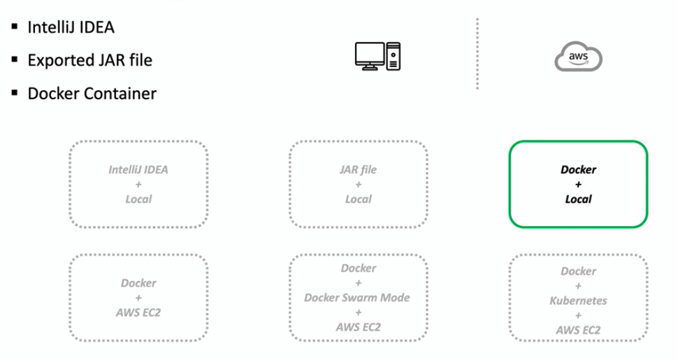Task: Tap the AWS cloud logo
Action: pyautogui.click(x=578, y=56)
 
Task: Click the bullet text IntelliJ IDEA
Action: pyautogui.click(x=71, y=28)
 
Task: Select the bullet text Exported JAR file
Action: pyautogui.click(x=89, y=61)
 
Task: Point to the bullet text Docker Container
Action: pyautogui.click(x=92, y=93)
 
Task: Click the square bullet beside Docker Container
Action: pyautogui.click(x=15, y=93)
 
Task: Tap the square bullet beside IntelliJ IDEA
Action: pyautogui.click(x=15, y=28)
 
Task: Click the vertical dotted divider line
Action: pyautogui.click(x=477, y=55)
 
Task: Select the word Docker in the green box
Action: pyautogui.click(x=578, y=169)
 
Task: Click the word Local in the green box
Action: pyautogui.click(x=578, y=199)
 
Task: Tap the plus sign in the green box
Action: pyautogui.click(x=578, y=185)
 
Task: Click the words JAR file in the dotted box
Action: pyautogui.click(x=358, y=169)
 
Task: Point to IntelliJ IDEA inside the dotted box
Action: pyautogui.click(x=138, y=169)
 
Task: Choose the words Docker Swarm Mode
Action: pyautogui.click(x=357, y=298)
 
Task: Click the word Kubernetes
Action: pyautogui.click(x=578, y=301)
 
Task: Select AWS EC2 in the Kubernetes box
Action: pyautogui.click(x=578, y=330)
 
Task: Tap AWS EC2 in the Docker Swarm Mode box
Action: pyautogui.click(x=357, y=327)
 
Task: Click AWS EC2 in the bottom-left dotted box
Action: pyautogui.click(x=138, y=313)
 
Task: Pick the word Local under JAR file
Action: pyautogui.click(x=358, y=199)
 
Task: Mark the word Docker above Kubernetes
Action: pyautogui.click(x=578, y=271)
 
